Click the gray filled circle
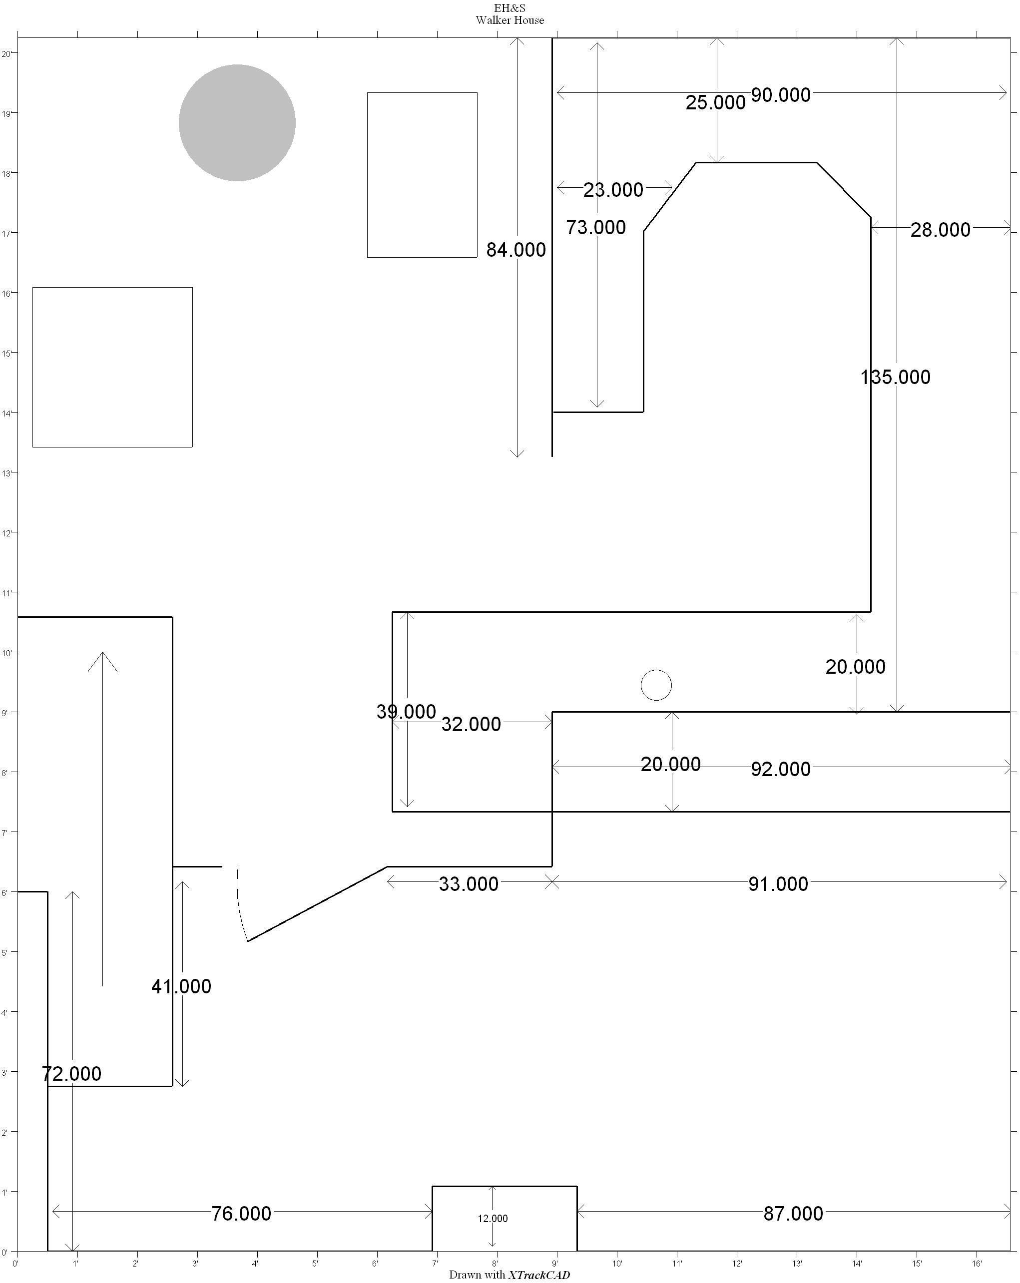click(x=237, y=122)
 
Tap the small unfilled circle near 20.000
click(x=656, y=685)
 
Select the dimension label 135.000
click(x=895, y=377)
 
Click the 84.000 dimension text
click(x=516, y=250)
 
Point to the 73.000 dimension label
click(x=596, y=227)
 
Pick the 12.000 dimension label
click(x=492, y=1219)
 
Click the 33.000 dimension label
click(x=469, y=883)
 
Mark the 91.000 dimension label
click(x=778, y=883)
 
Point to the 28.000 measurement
click(x=940, y=230)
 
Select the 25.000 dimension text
click(x=715, y=102)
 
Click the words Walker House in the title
click(x=510, y=20)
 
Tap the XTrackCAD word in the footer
click(x=538, y=1275)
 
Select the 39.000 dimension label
click(x=406, y=712)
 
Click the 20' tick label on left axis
click(x=6, y=53)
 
